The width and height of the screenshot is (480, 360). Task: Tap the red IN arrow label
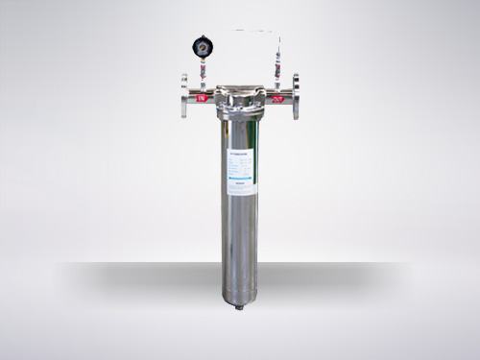coord(203,96)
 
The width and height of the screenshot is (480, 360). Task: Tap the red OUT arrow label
coord(276,97)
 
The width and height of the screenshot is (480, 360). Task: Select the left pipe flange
coord(183,96)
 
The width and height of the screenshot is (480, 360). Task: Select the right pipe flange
coord(296,96)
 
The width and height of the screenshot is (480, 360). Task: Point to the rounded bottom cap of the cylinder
coord(240,292)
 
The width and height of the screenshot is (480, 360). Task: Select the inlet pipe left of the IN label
coord(193,96)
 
